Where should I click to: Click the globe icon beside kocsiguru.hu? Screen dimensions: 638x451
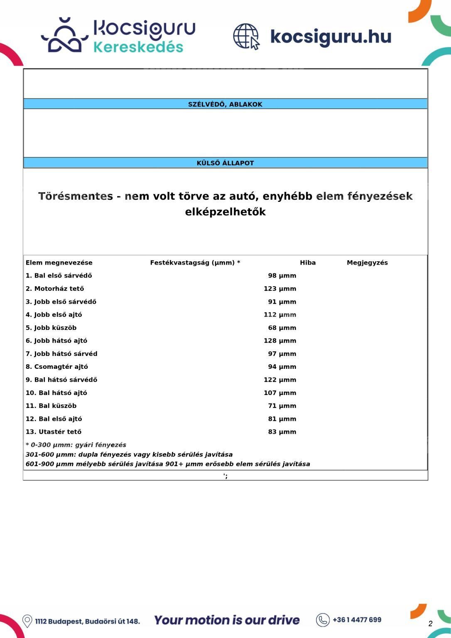[246, 36]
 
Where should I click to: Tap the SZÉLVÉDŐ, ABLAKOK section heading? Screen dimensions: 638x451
[225, 104]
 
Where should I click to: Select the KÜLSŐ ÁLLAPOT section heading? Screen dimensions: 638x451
[225, 163]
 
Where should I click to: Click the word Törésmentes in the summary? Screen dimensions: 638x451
[76, 196]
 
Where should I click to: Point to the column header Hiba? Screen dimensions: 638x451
[308, 263]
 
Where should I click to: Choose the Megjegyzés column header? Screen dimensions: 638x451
[367, 263]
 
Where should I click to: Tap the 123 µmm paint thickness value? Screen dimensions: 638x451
[280, 289]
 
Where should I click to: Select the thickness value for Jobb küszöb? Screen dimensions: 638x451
[282, 328]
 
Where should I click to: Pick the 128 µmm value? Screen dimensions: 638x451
[280, 341]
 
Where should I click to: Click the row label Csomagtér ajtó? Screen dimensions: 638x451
[57, 367]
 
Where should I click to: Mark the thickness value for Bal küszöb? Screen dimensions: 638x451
[282, 406]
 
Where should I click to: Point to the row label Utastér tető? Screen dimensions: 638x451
[54, 432]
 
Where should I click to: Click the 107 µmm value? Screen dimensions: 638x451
[280, 393]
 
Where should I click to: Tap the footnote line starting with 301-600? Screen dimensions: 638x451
[129, 454]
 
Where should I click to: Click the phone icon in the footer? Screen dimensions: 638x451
[323, 620]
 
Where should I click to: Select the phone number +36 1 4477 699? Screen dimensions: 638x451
[357, 620]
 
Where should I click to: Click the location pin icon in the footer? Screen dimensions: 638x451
[27, 621]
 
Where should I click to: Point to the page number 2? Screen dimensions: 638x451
[430, 623]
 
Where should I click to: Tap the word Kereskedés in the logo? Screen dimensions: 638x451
[138, 47]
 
